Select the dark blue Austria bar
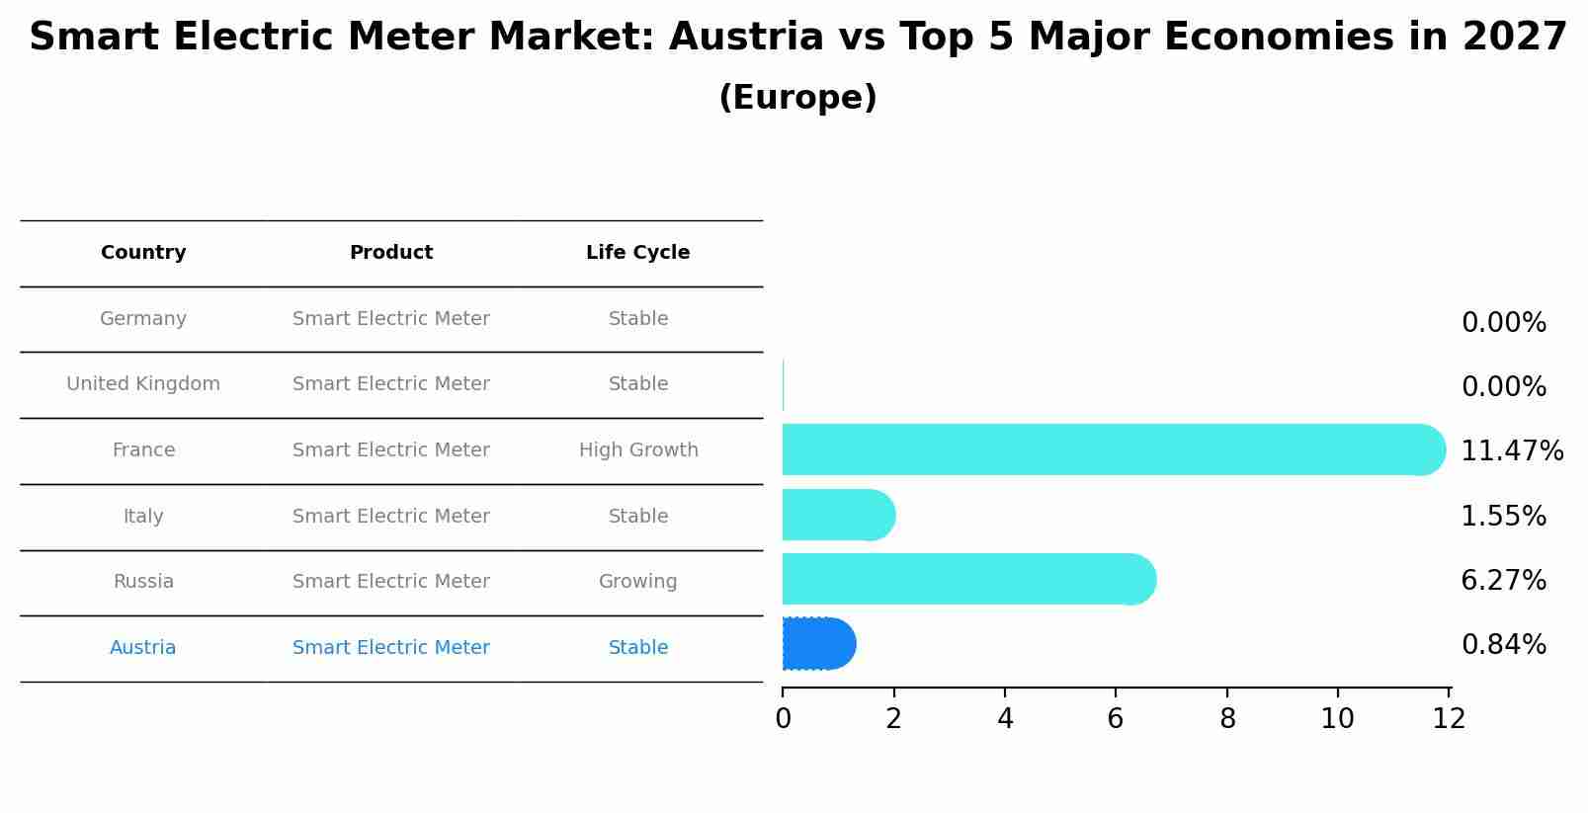tap(818, 644)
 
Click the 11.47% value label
tap(1511, 451)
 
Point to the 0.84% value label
tap(1503, 645)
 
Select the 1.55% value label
tap(1503, 516)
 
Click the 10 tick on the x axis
tap(1337, 719)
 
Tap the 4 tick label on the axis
tap(1005, 719)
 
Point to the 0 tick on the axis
tap(783, 719)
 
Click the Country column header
tap(143, 253)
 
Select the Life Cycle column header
tap(637, 253)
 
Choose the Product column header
tap(391, 253)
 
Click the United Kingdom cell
tap(143, 384)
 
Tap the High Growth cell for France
tap(638, 450)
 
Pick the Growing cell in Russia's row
tap(637, 582)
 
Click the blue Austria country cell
tap(143, 648)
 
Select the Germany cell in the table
tap(143, 319)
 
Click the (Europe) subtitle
tap(797, 98)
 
